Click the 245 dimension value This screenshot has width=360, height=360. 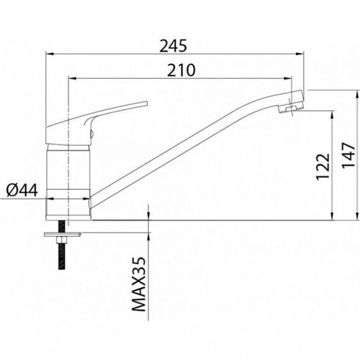point(173,46)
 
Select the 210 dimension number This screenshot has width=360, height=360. point(181,70)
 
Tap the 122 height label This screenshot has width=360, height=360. point(323,166)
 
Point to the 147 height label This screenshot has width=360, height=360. point(348,155)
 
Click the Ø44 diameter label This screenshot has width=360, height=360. point(22,190)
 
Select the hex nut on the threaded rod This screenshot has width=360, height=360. point(62,240)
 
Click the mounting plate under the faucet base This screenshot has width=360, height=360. point(63,234)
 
